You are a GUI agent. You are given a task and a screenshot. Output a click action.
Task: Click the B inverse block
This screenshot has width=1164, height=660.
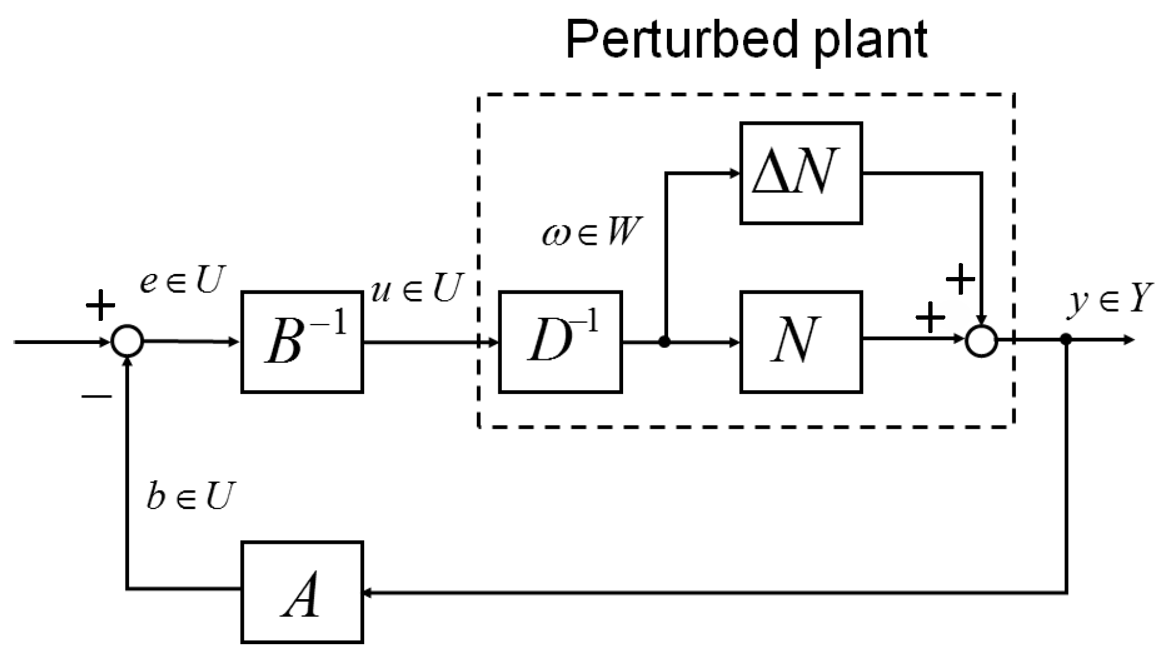point(302,342)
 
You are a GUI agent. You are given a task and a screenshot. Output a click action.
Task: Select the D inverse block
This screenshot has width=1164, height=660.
point(560,342)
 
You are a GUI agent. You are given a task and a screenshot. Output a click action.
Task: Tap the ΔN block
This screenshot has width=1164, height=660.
point(800,174)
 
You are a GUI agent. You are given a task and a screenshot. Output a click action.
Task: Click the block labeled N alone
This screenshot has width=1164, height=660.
point(800,342)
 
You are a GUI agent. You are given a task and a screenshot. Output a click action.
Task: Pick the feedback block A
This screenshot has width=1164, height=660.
point(302,592)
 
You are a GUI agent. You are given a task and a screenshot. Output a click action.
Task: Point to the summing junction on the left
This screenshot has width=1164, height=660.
point(127,342)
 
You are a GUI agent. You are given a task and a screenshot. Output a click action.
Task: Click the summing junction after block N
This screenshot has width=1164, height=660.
point(981,342)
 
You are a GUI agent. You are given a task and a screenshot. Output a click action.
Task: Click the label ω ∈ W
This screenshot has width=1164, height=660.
point(591,233)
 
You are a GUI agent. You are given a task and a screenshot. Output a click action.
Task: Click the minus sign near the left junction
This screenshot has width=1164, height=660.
point(97,396)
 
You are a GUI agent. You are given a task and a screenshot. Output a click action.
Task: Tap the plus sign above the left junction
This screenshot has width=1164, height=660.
point(101,306)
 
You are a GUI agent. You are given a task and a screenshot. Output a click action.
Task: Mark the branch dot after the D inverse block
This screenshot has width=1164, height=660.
point(665,342)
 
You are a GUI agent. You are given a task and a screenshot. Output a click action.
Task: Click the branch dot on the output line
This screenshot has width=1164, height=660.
point(1066,339)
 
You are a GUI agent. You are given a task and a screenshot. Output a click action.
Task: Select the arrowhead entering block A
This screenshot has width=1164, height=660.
point(368,592)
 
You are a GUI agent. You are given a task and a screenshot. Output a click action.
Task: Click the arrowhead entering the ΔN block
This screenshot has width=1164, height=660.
point(735,174)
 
